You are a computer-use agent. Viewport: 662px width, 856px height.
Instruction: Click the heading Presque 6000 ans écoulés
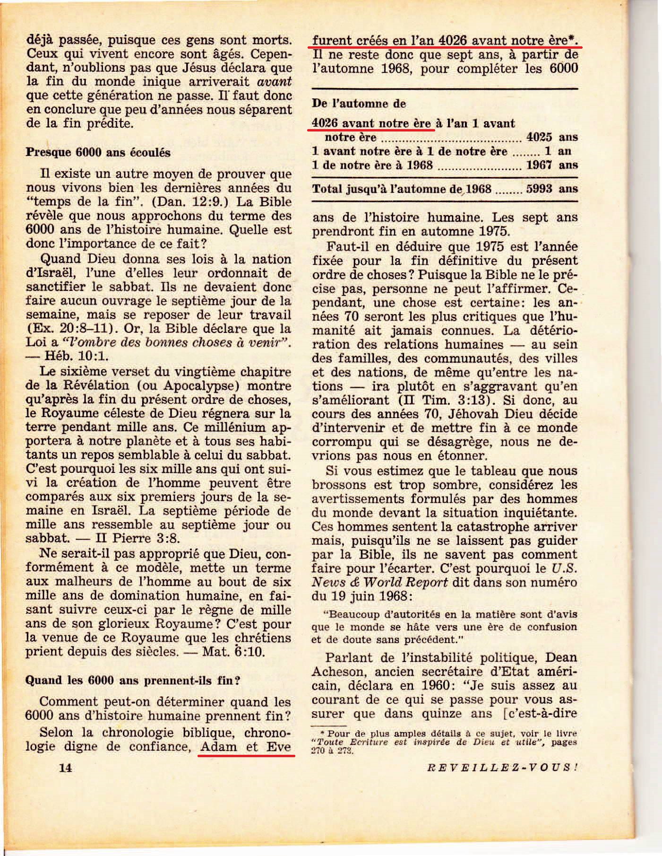pos(98,152)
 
